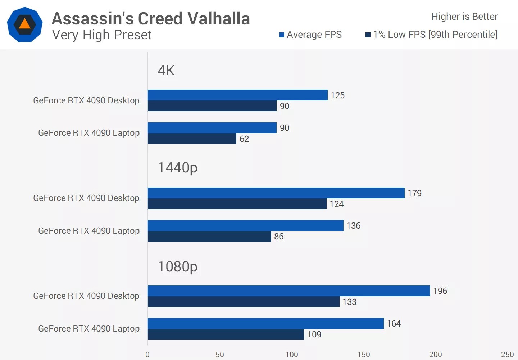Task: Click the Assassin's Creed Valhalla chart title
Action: (x=151, y=18)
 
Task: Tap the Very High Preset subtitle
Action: (x=102, y=35)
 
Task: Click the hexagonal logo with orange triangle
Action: (x=25, y=24)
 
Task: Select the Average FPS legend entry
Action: (x=310, y=35)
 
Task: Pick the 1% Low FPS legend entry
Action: (x=432, y=35)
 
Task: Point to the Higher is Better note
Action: (x=464, y=17)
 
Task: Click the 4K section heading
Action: (x=166, y=70)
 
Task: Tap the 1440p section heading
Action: (x=178, y=167)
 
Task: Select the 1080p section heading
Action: (x=178, y=266)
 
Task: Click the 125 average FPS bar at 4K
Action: (x=237, y=95)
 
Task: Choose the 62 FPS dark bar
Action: (x=192, y=139)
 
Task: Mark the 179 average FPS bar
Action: (x=276, y=193)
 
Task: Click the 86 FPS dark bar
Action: (x=209, y=237)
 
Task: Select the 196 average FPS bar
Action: (x=288, y=291)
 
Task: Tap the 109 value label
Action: (x=314, y=334)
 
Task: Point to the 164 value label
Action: (x=394, y=323)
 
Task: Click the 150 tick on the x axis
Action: (x=364, y=354)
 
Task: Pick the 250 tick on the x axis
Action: (x=507, y=354)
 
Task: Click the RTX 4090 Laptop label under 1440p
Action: (x=89, y=231)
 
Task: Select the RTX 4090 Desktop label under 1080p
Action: (x=86, y=296)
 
